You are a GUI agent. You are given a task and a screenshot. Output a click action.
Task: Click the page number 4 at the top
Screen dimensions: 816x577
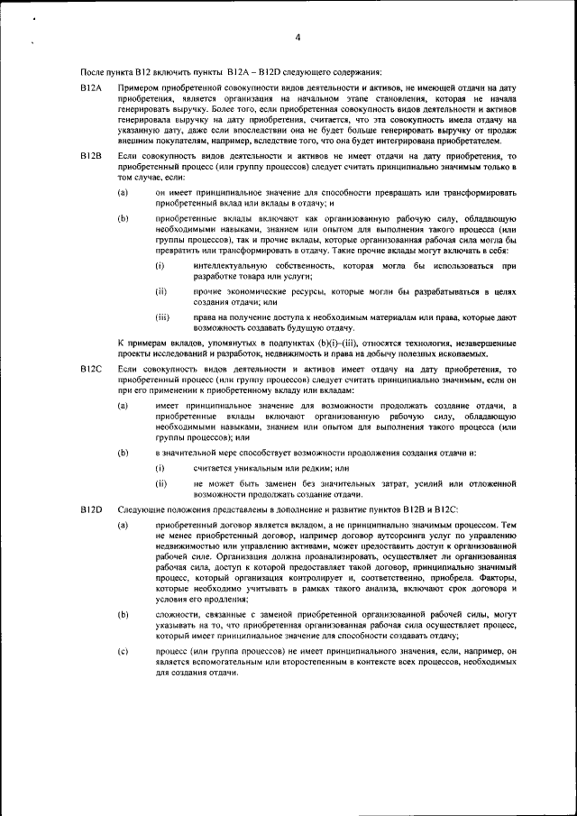pyautogui.click(x=297, y=37)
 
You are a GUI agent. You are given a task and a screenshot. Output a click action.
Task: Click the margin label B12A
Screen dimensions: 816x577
pyautogui.click(x=91, y=87)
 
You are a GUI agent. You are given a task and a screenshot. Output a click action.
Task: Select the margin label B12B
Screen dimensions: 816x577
pyautogui.click(x=91, y=157)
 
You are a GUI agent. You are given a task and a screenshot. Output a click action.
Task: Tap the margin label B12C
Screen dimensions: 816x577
pyautogui.click(x=91, y=371)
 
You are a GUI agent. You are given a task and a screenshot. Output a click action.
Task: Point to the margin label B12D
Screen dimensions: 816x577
pyautogui.click(x=91, y=510)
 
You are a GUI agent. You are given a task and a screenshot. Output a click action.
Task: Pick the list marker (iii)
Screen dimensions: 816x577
pyautogui.click(x=162, y=316)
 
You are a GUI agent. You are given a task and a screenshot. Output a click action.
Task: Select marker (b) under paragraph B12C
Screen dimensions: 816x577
pyautogui.click(x=122, y=451)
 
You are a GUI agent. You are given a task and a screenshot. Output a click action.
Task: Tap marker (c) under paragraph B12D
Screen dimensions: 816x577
pyautogui.click(x=122, y=650)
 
